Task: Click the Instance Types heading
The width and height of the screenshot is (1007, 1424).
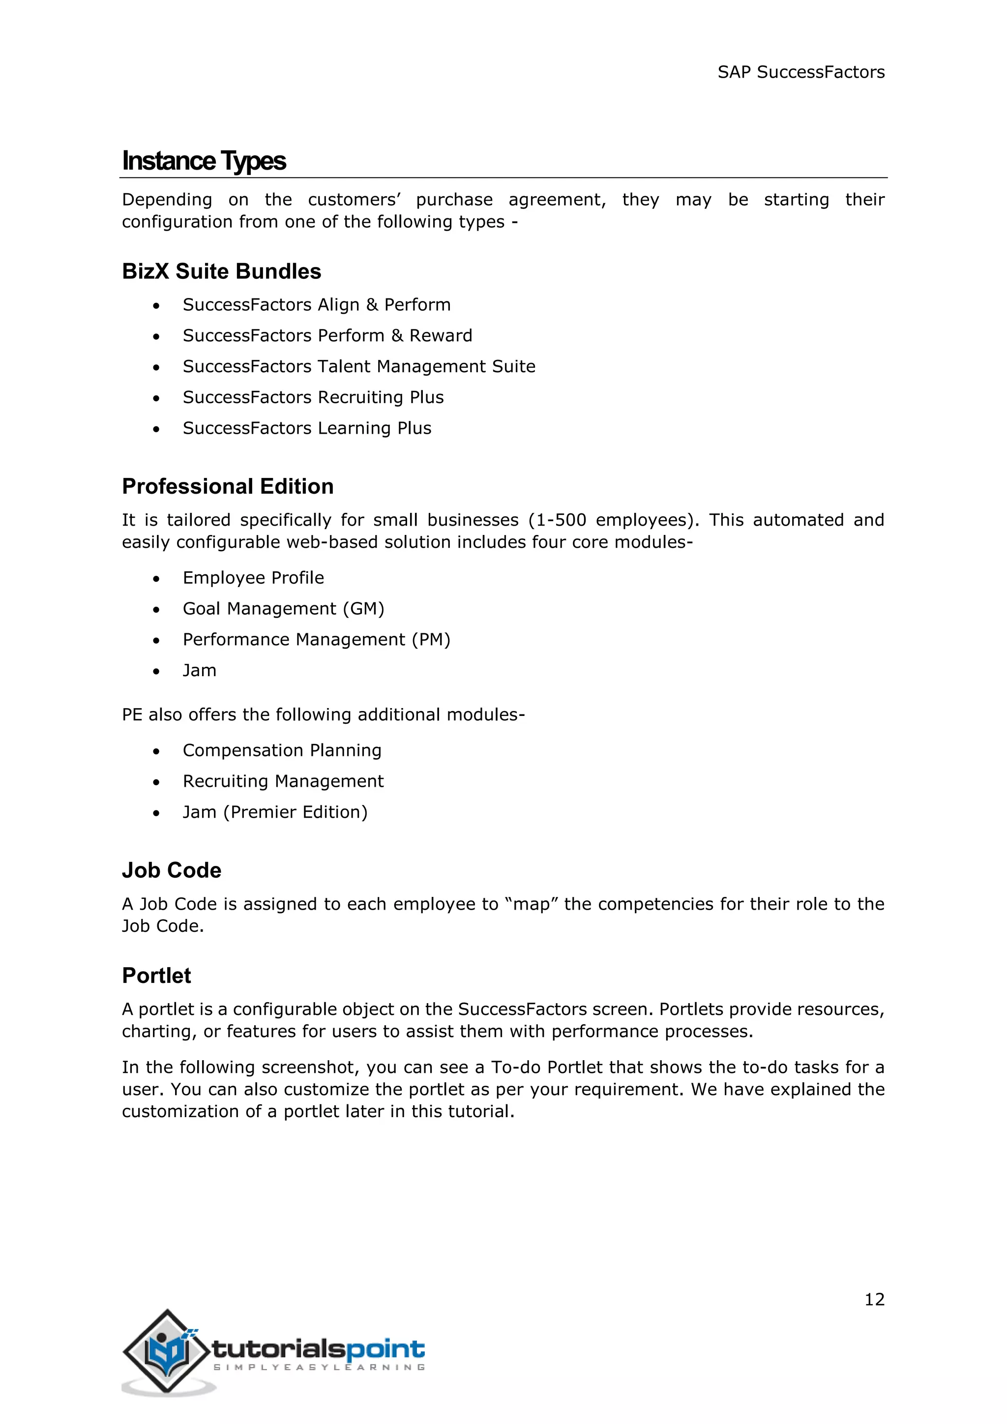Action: pyautogui.click(x=204, y=161)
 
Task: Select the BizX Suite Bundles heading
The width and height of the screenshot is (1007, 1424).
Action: pyautogui.click(x=221, y=271)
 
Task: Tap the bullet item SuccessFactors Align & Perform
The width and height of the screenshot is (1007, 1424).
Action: pyautogui.click(x=316, y=304)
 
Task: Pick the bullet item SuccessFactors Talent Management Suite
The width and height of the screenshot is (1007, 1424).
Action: pyautogui.click(x=358, y=366)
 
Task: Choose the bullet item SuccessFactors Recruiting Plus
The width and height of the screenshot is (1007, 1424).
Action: pyautogui.click(x=313, y=398)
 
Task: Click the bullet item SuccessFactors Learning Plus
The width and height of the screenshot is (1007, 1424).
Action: pyautogui.click(x=307, y=429)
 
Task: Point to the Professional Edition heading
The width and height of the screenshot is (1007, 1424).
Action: pyautogui.click(x=228, y=486)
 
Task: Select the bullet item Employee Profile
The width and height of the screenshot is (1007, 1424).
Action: pyautogui.click(x=253, y=578)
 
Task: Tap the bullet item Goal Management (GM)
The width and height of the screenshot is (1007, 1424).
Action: pyautogui.click(x=283, y=609)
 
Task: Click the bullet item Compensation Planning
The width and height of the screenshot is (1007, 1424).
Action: pyautogui.click(x=282, y=750)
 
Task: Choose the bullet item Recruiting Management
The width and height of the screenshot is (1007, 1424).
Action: pyautogui.click(x=283, y=781)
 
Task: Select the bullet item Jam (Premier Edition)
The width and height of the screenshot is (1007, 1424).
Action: pyautogui.click(x=275, y=812)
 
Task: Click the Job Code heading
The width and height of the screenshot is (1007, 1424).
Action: pyautogui.click(x=171, y=871)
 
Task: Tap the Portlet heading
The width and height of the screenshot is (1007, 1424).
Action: pyautogui.click(x=156, y=976)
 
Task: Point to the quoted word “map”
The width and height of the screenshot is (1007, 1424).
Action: pyautogui.click(x=532, y=904)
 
